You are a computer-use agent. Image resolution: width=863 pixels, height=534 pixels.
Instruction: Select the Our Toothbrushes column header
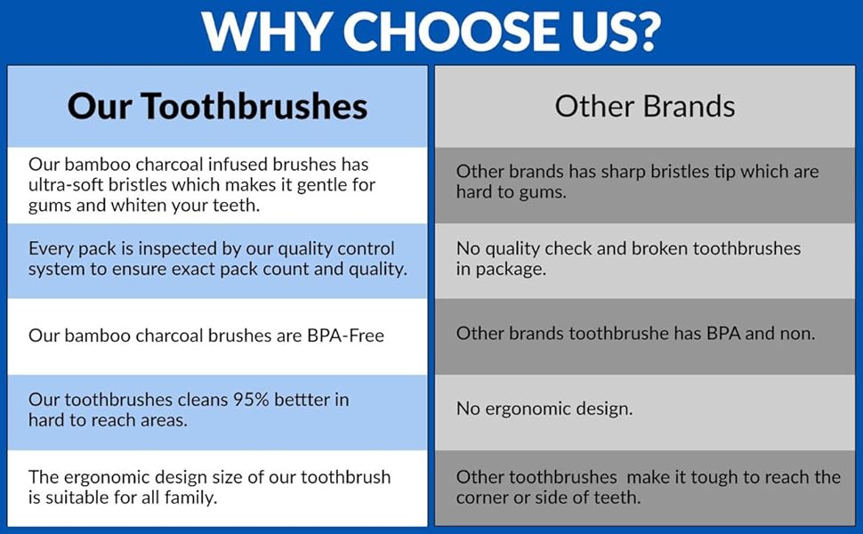click(217, 107)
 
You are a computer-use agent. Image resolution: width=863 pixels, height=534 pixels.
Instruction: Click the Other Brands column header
click(645, 107)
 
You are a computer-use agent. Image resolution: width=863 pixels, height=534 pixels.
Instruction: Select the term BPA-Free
click(343, 336)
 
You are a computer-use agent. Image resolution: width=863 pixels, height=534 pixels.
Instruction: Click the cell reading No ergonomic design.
click(544, 409)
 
